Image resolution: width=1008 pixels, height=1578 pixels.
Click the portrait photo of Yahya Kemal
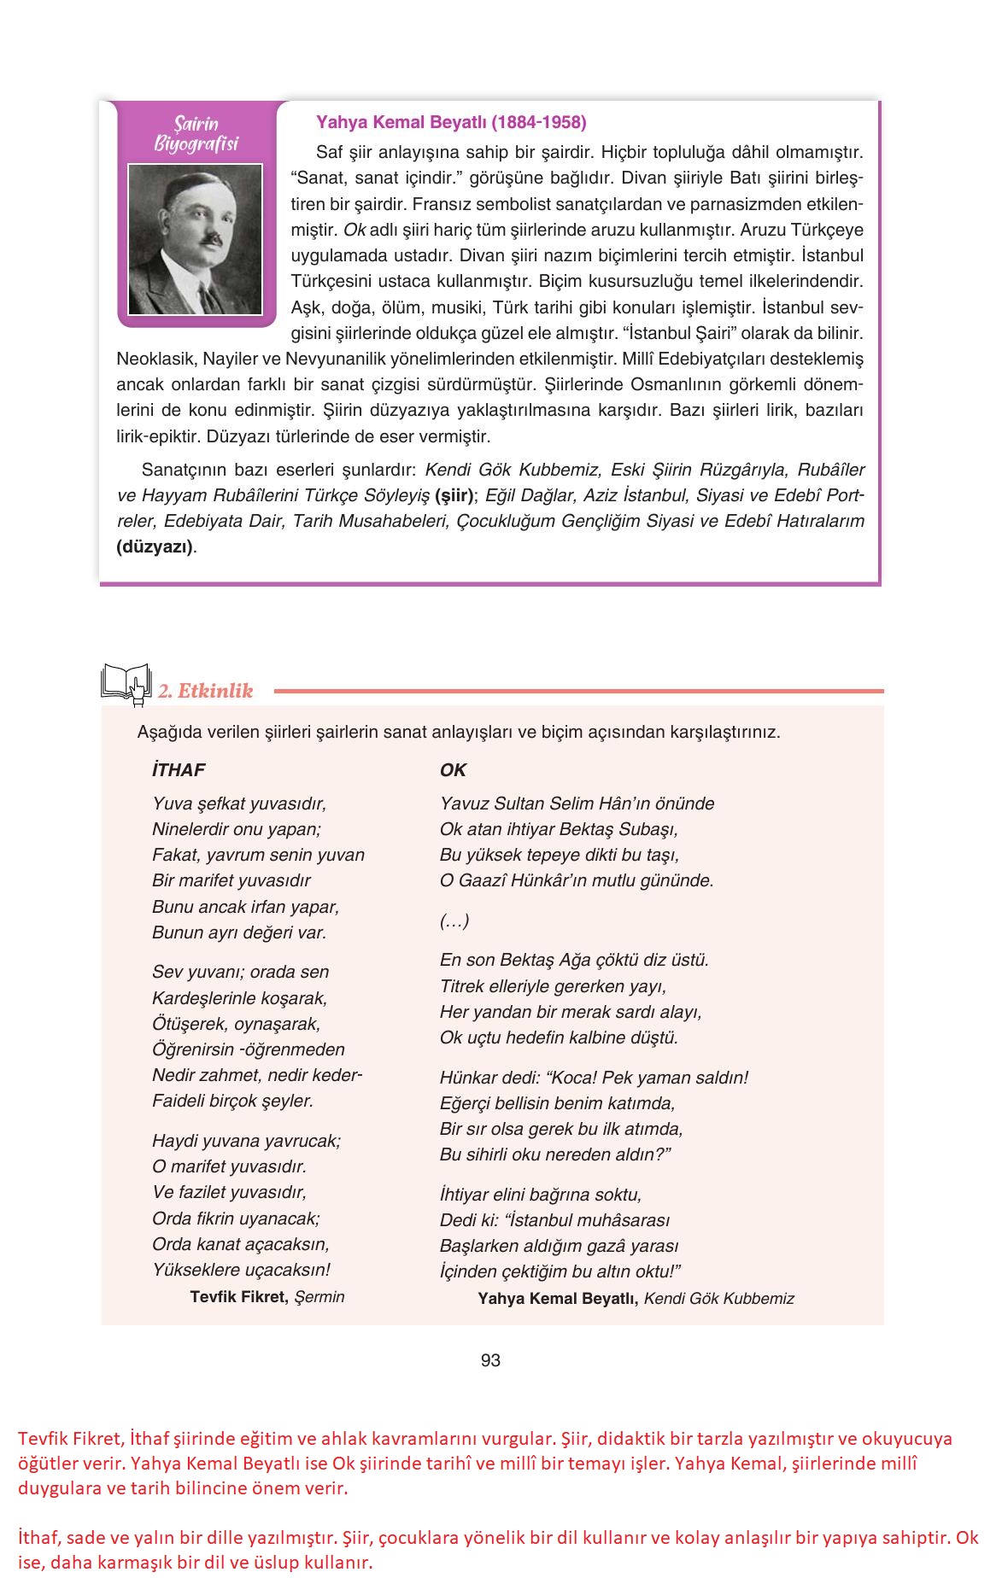coord(195,240)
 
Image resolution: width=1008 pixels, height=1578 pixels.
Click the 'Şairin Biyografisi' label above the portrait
coord(196,134)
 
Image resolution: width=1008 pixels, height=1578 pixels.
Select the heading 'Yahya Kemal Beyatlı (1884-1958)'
coord(451,122)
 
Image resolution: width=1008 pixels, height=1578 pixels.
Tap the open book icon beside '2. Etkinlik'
coord(126,684)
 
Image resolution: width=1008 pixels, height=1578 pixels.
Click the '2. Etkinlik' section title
coord(205,691)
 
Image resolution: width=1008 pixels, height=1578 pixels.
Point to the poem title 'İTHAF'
coord(179,770)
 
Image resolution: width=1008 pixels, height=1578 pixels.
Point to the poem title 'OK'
coord(453,770)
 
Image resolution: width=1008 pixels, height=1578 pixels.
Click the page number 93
coord(490,1360)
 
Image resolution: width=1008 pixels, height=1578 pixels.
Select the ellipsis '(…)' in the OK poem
coord(454,920)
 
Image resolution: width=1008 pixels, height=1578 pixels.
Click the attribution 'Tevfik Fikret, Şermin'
coord(267,1296)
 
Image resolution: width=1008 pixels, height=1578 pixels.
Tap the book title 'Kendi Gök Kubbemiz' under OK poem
coord(718,1299)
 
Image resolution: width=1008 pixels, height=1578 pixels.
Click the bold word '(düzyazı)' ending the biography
coord(155,547)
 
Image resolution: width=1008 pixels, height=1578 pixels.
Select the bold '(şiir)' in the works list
coord(454,495)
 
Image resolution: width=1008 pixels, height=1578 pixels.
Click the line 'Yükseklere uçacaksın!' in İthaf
coord(241,1270)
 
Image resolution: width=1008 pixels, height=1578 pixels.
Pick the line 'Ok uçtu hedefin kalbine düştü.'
coord(559,1037)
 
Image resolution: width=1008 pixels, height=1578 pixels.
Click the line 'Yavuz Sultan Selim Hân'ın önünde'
coord(577,804)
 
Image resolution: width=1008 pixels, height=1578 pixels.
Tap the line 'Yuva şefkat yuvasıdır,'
coord(239,804)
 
